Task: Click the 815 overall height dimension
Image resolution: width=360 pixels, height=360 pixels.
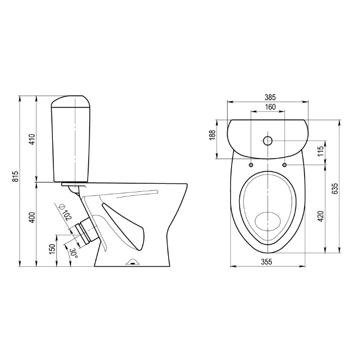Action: (16, 177)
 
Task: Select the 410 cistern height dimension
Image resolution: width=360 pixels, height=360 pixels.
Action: (32, 139)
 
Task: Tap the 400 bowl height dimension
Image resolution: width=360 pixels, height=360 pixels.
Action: (32, 218)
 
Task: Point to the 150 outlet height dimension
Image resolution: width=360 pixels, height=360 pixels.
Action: (52, 249)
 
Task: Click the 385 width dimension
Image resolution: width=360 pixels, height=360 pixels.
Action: (270, 97)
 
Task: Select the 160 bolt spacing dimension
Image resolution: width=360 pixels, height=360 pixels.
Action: (270, 107)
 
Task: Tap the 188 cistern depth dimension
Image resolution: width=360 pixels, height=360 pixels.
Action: (212, 135)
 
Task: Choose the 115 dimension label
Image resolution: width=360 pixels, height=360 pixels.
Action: (321, 151)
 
